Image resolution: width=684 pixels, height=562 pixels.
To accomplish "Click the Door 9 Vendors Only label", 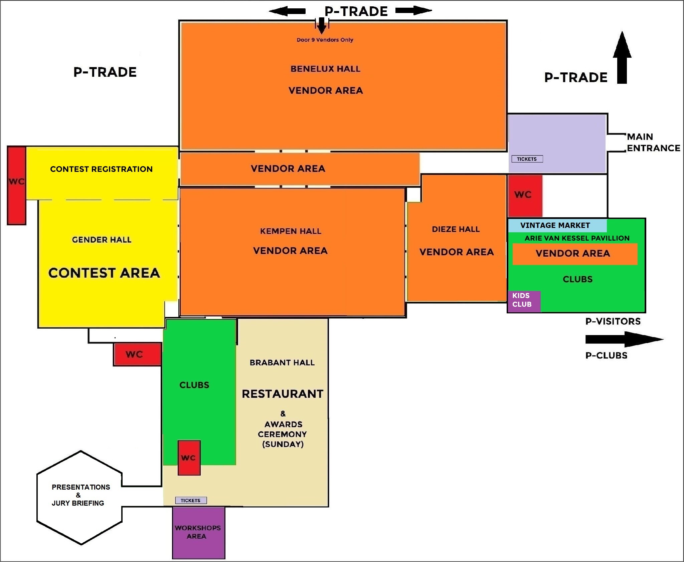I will pyautogui.click(x=325, y=40).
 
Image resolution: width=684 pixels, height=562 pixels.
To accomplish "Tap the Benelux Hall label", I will pyautogui.click(x=325, y=69).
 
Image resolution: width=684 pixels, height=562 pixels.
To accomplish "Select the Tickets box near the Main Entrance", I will pyautogui.click(x=527, y=159).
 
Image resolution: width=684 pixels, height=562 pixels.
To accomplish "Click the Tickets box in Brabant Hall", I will pyautogui.click(x=191, y=500).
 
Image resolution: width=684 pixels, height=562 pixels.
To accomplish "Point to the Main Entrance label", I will pyautogui.click(x=653, y=143).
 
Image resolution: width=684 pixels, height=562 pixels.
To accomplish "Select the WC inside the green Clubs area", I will pyautogui.click(x=189, y=458).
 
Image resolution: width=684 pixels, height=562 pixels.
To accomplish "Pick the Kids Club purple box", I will pyautogui.click(x=523, y=301).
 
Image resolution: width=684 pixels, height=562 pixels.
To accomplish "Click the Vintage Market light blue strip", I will pyautogui.click(x=557, y=226).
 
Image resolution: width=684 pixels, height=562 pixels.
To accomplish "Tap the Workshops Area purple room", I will pyautogui.click(x=198, y=533).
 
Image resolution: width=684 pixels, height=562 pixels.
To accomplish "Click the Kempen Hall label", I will pyautogui.click(x=291, y=231).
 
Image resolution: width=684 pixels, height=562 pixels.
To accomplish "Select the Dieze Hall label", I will pyautogui.click(x=456, y=230).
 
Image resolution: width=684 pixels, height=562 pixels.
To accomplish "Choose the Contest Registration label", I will pyautogui.click(x=101, y=169).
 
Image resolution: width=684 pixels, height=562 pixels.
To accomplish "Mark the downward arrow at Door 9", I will pyautogui.click(x=321, y=26).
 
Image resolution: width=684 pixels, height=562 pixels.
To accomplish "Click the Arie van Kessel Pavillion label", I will pyautogui.click(x=577, y=238).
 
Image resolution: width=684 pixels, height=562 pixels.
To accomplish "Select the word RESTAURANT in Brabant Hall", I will pyautogui.click(x=283, y=394).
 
